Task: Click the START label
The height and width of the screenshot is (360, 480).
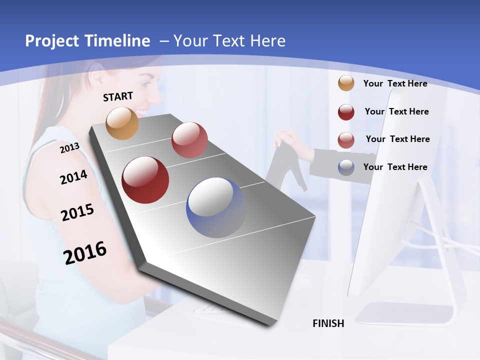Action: pos(118,96)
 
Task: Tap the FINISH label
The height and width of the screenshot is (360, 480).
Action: pos(328,323)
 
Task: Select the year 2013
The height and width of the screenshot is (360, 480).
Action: pos(69,147)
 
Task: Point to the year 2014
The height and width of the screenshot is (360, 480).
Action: pos(73,177)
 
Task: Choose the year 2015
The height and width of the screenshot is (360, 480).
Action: pos(77,212)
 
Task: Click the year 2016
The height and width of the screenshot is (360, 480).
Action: pos(85,253)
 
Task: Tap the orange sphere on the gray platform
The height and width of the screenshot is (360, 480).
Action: pos(122,123)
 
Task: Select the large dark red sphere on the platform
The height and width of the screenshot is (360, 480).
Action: pos(145,180)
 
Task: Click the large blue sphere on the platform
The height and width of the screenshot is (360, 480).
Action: pos(216,207)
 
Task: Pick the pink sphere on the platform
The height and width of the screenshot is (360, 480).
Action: pos(189,140)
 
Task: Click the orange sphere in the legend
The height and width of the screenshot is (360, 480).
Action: pos(346,83)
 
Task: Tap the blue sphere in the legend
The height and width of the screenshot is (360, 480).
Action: pos(346,167)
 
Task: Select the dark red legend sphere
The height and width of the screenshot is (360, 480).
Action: pos(346,111)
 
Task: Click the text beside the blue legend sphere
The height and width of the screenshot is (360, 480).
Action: pos(395,167)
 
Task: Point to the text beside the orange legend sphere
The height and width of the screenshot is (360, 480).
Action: pos(395,83)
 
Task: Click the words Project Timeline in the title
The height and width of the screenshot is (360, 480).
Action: pos(87,41)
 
